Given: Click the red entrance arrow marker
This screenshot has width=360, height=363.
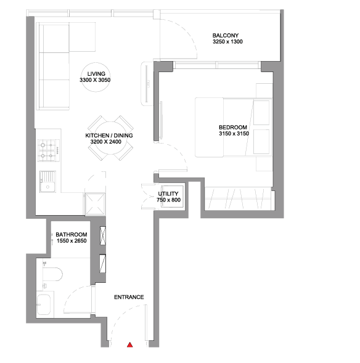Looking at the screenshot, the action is tap(130, 345).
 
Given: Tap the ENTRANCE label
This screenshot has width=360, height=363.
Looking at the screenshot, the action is tap(129, 297).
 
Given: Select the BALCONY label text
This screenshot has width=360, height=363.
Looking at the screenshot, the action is tap(226, 35).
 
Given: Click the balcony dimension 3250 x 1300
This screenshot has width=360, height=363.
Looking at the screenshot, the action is tap(227, 42).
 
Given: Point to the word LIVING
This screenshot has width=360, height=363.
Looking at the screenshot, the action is tap(96, 74).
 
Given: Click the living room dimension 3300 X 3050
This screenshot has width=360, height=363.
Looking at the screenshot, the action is tap(95, 80).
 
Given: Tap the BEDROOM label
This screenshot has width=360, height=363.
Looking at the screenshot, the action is tap(233, 128).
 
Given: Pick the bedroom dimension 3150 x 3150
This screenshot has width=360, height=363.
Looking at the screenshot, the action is tap(234, 134).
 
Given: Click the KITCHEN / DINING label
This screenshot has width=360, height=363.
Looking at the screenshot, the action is tap(109, 136).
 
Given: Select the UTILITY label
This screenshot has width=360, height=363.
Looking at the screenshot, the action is tap(168, 194).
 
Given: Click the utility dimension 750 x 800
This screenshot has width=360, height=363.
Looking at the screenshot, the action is tap(168, 200).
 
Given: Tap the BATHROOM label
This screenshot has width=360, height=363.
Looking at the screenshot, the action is tap(72, 235).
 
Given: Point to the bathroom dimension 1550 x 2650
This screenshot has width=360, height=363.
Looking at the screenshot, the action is tap(72, 241).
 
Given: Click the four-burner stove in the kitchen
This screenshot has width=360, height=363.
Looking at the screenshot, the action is tap(49, 150).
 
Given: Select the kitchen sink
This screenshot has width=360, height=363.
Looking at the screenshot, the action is tap(47, 182).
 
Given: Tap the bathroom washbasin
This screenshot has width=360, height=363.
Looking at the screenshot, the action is tap(44, 304).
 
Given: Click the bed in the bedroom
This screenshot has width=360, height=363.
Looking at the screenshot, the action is tap(234, 128).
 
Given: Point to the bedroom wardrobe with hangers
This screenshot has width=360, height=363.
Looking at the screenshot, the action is tap(239, 199).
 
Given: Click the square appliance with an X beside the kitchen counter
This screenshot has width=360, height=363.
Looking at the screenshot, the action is tap(95, 205).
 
